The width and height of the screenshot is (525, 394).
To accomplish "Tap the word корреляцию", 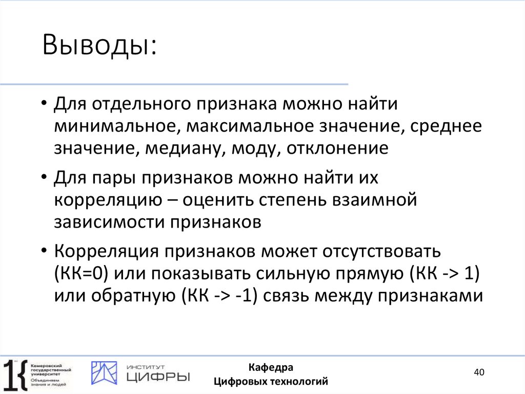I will (105, 200).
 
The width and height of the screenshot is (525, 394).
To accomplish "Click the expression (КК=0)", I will (80, 274).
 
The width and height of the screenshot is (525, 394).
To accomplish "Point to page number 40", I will (479, 372).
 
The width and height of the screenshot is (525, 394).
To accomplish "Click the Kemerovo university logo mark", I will (15, 372).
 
